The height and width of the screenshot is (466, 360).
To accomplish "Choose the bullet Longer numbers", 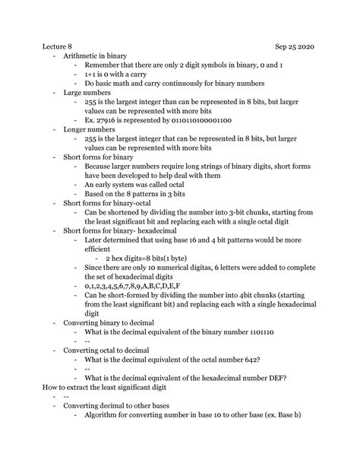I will coord(85,129).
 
